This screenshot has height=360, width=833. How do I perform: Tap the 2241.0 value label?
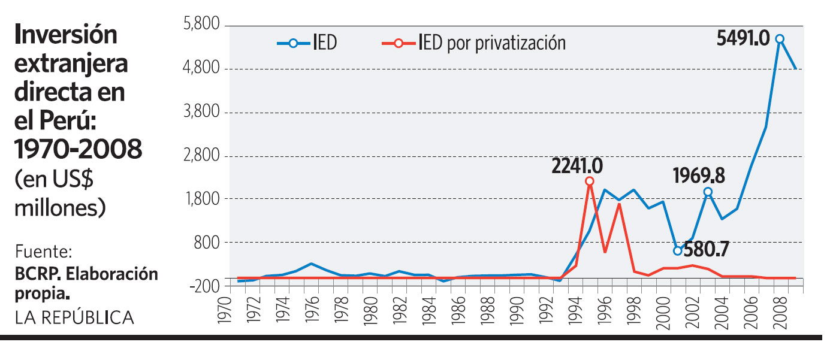(577, 165)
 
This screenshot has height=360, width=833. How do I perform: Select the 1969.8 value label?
(699, 176)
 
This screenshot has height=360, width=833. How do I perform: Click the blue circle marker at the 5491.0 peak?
(780, 39)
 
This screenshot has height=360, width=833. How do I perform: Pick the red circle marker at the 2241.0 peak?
(590, 181)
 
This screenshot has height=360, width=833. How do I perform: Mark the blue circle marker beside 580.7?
(677, 251)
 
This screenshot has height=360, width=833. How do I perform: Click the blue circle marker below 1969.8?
(708, 192)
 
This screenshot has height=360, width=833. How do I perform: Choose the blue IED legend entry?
(306, 43)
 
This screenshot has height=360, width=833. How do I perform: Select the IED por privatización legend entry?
(473, 43)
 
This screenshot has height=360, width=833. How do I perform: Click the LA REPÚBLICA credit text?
(74, 317)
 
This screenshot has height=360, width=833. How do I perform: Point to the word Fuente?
(43, 250)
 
